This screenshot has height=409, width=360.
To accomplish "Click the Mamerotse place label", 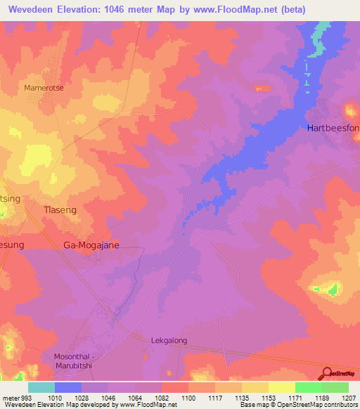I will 44,88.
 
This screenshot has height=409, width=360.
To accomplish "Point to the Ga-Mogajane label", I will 91,245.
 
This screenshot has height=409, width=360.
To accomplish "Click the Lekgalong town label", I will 171,340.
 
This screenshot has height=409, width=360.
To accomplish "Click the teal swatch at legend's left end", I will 41,387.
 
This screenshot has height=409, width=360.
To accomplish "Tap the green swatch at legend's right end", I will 335,387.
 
